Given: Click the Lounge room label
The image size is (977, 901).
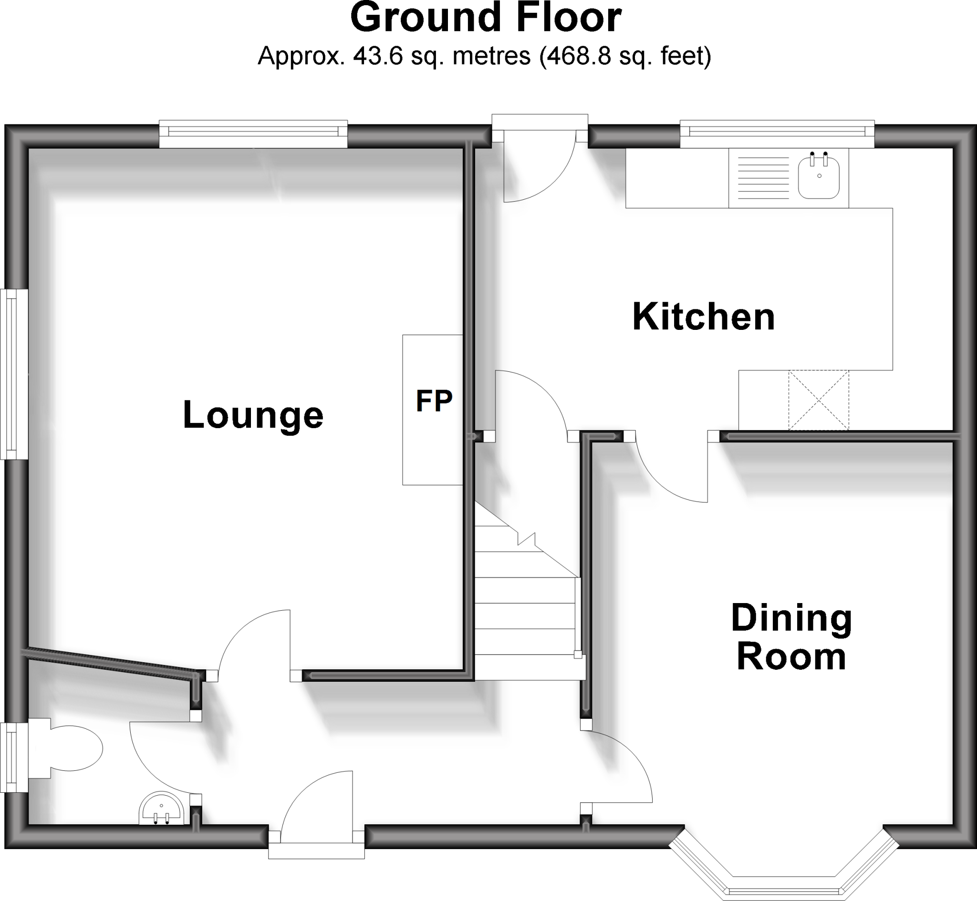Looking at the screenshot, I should (253, 415).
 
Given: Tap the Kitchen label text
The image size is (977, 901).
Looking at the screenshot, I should (703, 317).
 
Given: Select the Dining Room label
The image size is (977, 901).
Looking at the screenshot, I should (791, 637).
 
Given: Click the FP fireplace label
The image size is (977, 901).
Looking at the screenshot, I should (434, 401).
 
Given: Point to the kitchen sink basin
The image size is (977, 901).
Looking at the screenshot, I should (819, 179).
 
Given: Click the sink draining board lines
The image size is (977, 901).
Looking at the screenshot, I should (763, 178).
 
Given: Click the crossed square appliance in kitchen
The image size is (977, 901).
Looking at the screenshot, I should (818, 400).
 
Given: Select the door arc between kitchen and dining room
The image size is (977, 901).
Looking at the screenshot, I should (664, 482).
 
